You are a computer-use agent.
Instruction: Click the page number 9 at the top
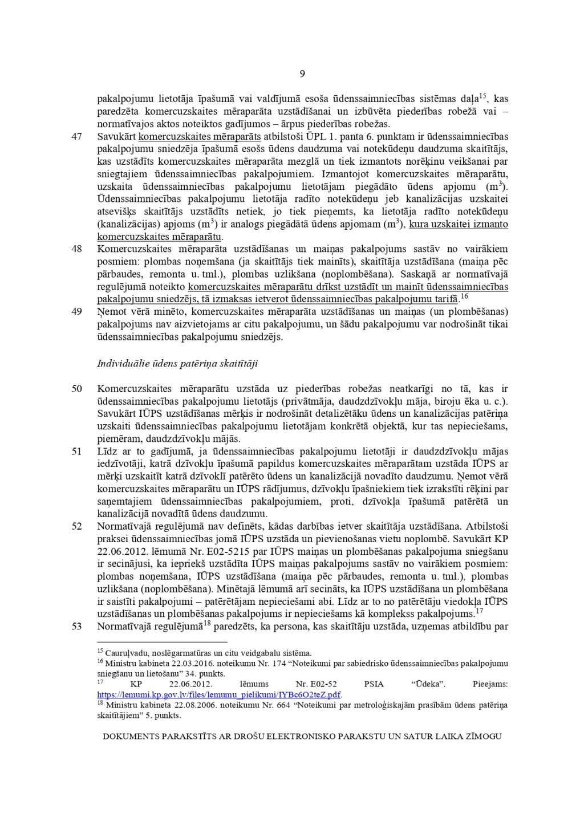302,74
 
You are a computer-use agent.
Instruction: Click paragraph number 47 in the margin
76,137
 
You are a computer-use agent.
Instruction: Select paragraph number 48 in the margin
76,249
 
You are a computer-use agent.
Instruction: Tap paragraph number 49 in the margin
76,312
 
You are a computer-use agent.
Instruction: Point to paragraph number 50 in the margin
76,389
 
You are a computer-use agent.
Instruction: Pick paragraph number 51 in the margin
76,452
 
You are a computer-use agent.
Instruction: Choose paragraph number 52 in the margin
76,526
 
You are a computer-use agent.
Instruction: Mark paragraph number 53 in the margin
76,627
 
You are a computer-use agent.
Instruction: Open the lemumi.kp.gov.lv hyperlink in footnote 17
219,694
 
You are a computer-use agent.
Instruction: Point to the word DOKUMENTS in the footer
131,737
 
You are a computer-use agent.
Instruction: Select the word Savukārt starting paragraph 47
116,137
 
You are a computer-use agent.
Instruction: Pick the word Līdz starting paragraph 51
107,452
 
